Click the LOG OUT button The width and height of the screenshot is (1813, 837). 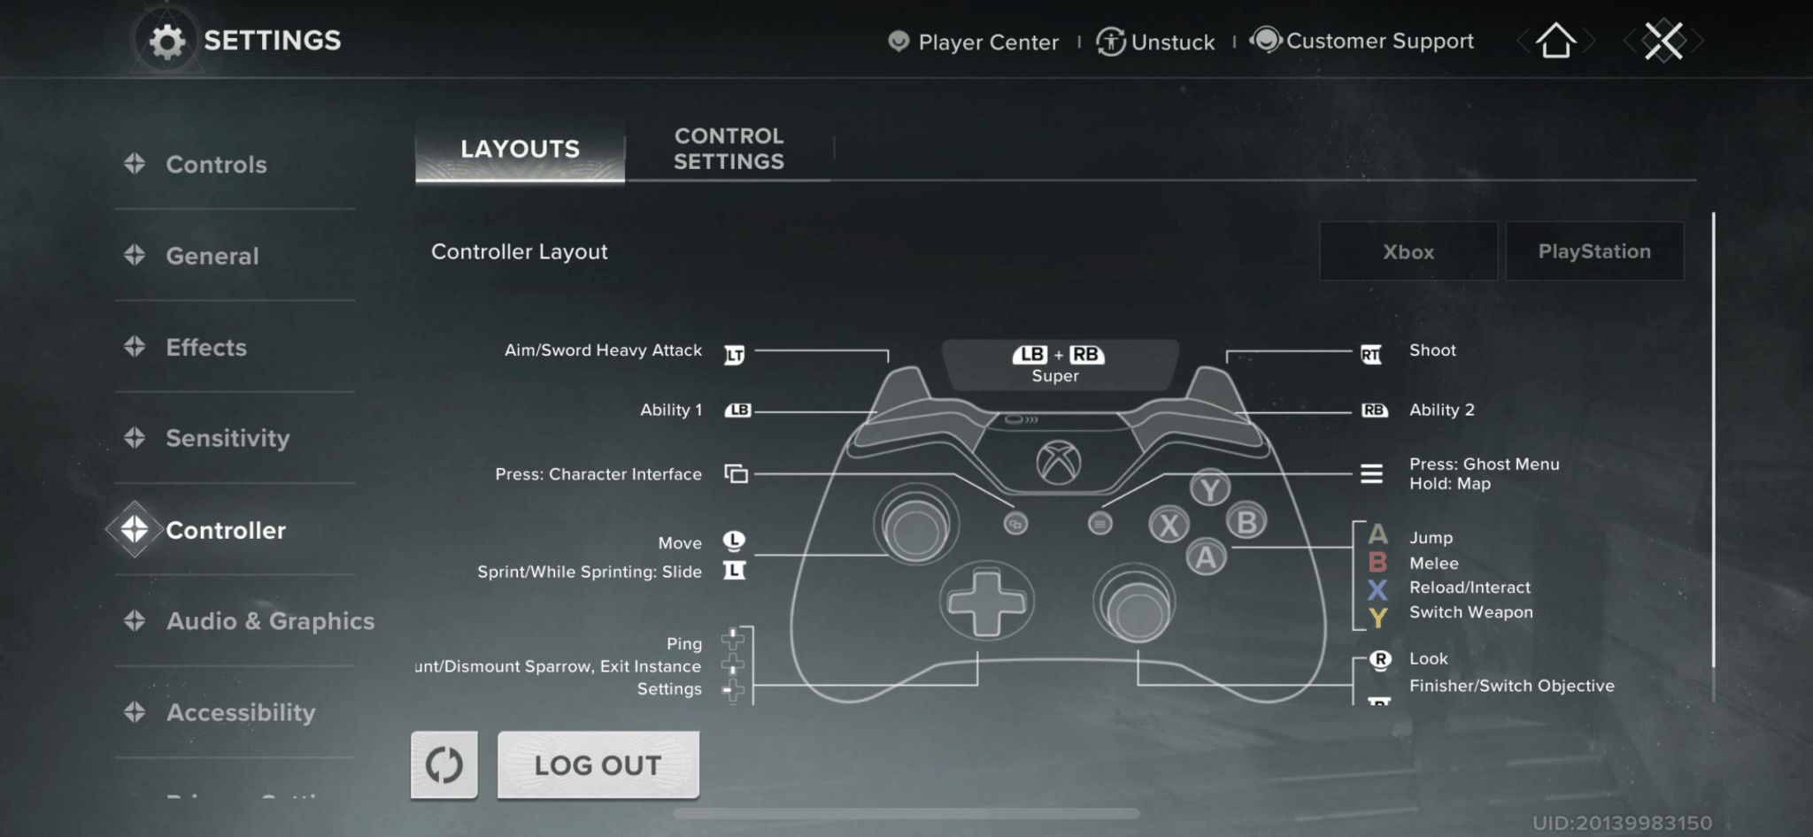click(598, 764)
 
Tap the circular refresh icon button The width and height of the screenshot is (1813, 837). click(444, 764)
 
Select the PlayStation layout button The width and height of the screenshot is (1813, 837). click(1593, 251)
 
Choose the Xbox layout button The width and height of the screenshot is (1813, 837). click(1408, 251)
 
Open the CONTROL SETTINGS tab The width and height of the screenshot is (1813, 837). click(729, 149)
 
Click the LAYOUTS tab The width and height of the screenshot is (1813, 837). click(520, 149)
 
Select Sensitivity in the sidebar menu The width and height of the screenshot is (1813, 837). click(228, 438)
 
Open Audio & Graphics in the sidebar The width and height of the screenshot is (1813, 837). click(270, 621)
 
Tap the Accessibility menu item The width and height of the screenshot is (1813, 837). click(240, 712)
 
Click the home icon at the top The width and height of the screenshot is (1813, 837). click(1555, 41)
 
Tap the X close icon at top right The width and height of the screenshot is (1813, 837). click(1663, 41)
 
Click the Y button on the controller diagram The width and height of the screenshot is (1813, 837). click(1209, 488)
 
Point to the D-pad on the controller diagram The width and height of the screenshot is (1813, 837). click(986, 602)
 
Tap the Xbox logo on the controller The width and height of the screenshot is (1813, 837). click(1059, 463)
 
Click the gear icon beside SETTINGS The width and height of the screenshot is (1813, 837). click(166, 41)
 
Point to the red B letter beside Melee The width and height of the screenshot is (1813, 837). click(1377, 563)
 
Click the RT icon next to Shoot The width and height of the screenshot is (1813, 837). click(1370, 355)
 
